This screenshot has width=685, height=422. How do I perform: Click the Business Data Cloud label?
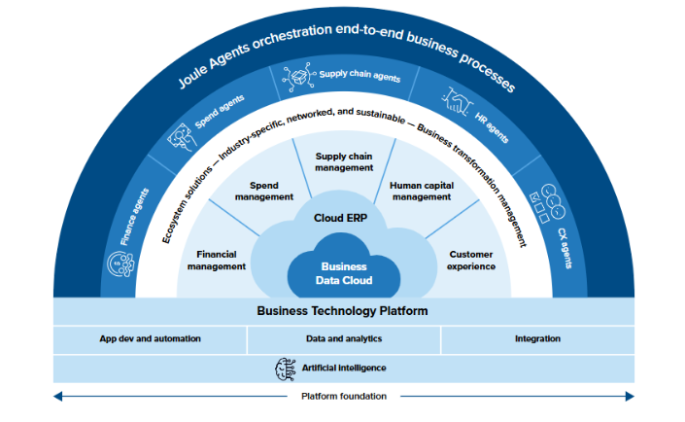(x=344, y=273)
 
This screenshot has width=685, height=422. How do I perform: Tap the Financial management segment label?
(x=216, y=260)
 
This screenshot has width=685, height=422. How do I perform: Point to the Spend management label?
(x=264, y=191)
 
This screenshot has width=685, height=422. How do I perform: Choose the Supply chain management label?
(x=344, y=161)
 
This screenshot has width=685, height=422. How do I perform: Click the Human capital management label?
(x=421, y=191)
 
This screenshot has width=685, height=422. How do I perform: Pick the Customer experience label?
(x=472, y=260)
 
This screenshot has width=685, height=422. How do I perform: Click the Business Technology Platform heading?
(x=342, y=311)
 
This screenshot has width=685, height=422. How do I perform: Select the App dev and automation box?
(x=150, y=339)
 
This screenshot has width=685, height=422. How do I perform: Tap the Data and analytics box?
(x=344, y=339)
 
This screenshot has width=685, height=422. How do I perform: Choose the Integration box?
(x=537, y=339)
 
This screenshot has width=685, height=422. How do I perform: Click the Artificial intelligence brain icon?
(x=287, y=368)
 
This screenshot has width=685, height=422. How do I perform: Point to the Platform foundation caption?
(x=343, y=396)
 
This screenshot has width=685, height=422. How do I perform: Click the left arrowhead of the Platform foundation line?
(x=57, y=396)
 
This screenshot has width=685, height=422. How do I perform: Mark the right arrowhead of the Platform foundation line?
(x=629, y=396)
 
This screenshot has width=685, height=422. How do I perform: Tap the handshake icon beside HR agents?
(x=458, y=98)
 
